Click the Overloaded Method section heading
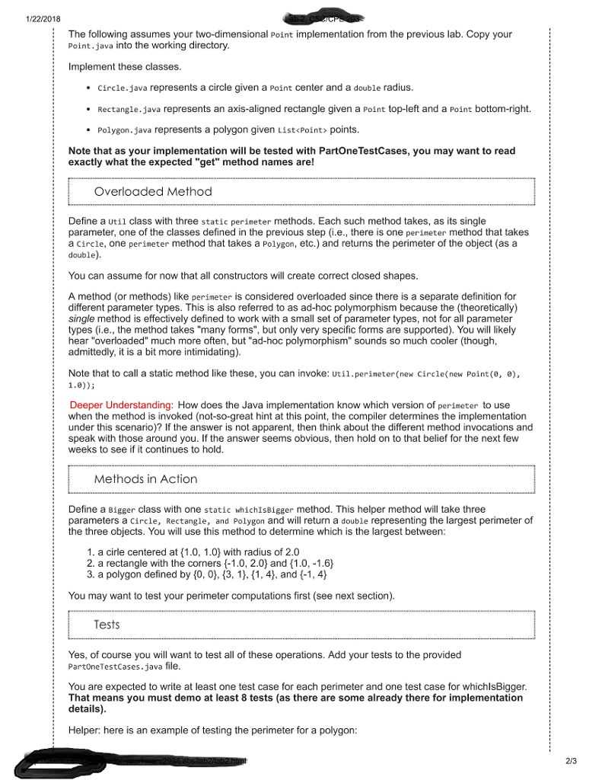(x=153, y=191)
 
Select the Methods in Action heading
(x=145, y=479)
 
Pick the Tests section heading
(x=107, y=625)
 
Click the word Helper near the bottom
(x=85, y=730)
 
